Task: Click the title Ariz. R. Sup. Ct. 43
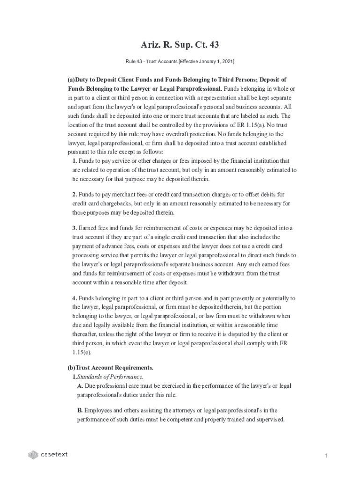(180, 45)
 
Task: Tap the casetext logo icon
(34, 454)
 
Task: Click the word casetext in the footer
(54, 454)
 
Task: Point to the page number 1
(326, 456)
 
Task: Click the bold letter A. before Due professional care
(80, 386)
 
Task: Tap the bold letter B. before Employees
(80, 411)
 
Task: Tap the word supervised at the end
(270, 420)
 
